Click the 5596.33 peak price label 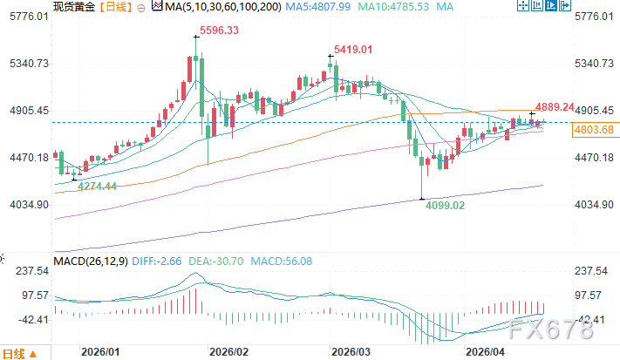pyautogui.click(x=220, y=31)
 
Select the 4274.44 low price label pyautogui.click(x=98, y=186)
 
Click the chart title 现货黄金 pyautogui.click(x=73, y=7)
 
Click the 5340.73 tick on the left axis pyautogui.click(x=26, y=64)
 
